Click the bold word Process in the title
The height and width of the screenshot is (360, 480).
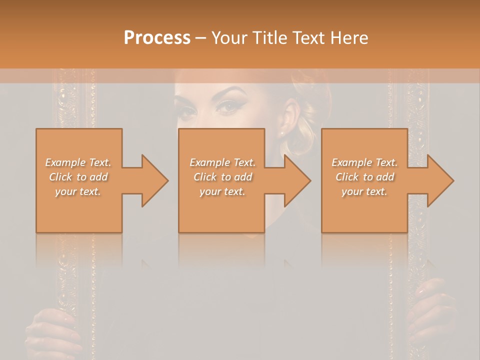[x=157, y=38]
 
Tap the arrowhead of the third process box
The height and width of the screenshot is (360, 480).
[x=439, y=180]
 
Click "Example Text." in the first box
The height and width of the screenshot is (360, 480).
[x=78, y=162]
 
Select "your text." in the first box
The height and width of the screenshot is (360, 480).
[x=78, y=191]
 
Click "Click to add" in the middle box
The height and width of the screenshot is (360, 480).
[x=222, y=177]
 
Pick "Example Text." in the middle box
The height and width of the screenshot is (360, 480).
[x=222, y=162]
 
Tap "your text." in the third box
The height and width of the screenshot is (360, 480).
[x=364, y=191]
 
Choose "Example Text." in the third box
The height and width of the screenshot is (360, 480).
[x=364, y=162]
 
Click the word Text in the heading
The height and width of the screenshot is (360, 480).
[x=308, y=38]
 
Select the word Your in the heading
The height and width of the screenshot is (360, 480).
[x=229, y=38]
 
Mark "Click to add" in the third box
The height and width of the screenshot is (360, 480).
[x=364, y=177]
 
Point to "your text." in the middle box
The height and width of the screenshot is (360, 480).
[x=222, y=191]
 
